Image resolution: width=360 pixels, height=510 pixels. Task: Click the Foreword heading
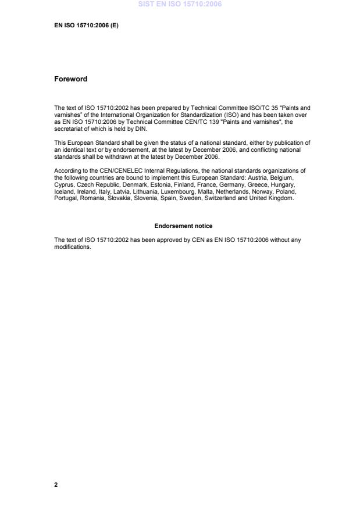tap(70, 79)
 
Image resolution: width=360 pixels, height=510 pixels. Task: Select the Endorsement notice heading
tap(183, 226)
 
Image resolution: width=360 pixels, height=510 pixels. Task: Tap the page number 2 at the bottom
tap(56, 484)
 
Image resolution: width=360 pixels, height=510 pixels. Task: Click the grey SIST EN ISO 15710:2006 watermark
tap(180, 5)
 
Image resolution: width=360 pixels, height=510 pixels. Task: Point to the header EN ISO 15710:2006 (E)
tap(86, 26)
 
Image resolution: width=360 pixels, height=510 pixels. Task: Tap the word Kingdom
tap(281, 198)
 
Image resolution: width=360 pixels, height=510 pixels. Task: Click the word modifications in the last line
tap(72, 247)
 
